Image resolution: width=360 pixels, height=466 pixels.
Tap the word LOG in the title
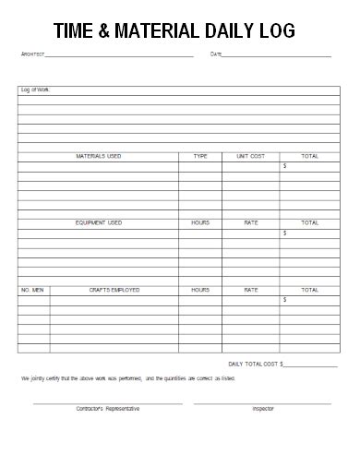[277, 30]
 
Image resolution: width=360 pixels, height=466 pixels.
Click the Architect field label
[32, 54]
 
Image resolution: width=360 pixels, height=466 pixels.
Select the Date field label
[216, 54]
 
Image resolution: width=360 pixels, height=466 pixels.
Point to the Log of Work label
[35, 90]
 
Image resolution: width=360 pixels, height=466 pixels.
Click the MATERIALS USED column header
[98, 156]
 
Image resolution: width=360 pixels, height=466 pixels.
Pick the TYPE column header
[200, 156]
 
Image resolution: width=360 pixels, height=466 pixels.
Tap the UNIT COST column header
[250, 156]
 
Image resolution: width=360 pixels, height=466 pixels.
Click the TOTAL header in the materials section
[309, 156]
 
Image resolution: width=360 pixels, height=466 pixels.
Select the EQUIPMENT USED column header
[98, 222]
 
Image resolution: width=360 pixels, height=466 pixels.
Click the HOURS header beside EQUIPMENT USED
[200, 222]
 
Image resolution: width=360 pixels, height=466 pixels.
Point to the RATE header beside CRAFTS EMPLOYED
[250, 290]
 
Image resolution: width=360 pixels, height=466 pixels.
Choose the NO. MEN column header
[33, 290]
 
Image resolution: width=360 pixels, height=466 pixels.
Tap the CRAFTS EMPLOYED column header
[114, 290]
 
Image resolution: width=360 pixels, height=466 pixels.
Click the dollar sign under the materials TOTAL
[284, 166]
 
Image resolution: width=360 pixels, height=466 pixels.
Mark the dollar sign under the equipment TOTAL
[284, 233]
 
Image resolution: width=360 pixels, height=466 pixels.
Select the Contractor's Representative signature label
[108, 408]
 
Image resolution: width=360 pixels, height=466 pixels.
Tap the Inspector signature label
[263, 408]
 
